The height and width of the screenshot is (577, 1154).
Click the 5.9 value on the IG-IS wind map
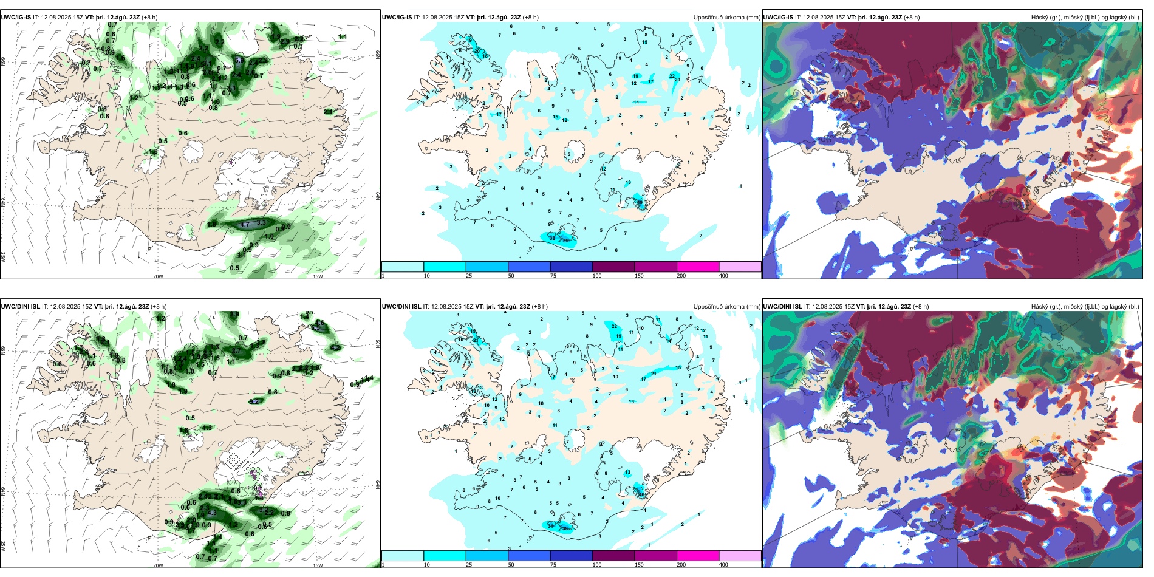239,60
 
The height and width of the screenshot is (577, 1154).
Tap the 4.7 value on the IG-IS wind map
245,225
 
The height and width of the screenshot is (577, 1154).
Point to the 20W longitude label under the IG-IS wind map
158,276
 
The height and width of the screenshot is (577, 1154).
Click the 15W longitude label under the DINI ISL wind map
317,565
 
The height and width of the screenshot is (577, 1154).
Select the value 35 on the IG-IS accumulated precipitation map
565,241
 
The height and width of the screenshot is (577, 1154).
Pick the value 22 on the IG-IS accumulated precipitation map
672,75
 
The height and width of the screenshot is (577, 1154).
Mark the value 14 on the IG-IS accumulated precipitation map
636,102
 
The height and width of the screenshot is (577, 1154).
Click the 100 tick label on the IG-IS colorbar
597,276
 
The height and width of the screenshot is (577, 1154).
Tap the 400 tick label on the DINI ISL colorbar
723,565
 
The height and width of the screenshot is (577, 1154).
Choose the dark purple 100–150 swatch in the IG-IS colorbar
613,267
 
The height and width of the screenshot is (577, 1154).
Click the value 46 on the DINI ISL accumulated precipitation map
641,494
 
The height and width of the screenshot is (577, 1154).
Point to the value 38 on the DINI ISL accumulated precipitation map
565,528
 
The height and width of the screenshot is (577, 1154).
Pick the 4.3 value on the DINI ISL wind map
212,513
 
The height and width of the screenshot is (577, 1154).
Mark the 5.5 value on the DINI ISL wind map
315,327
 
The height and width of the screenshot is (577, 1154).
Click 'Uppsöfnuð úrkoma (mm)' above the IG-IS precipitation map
726,18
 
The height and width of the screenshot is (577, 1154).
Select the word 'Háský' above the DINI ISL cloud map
1039,307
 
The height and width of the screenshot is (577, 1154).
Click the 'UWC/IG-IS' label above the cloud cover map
778,18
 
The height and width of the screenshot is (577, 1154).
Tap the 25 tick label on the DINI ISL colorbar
469,565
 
